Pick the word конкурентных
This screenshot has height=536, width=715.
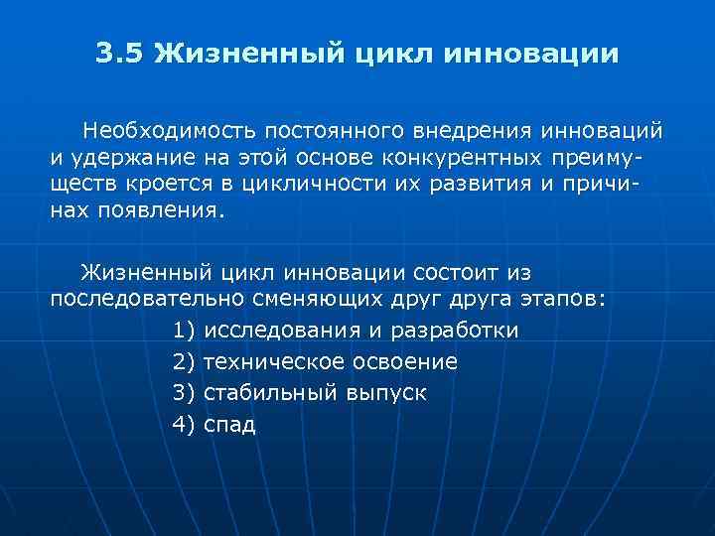point(471,158)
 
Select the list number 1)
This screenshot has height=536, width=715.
point(184,331)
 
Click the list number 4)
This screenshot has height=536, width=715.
point(184,425)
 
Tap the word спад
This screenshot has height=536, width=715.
point(229,426)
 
